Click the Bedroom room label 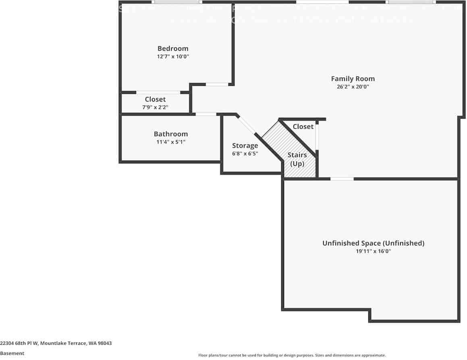172,49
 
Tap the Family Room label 353,79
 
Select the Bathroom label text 170,134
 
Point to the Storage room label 245,146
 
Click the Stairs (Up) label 297,159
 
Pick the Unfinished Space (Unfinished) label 373,243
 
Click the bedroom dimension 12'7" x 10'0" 173,57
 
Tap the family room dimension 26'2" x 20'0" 353,87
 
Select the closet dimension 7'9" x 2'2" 155,107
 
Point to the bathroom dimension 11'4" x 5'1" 171,142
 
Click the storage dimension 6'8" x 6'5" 245,154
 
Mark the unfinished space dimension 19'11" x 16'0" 373,251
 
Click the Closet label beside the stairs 303,127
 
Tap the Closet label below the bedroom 155,99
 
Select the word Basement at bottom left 12,353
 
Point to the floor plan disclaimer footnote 292,355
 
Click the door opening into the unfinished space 342,179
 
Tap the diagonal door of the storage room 247,125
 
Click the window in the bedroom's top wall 177,2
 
